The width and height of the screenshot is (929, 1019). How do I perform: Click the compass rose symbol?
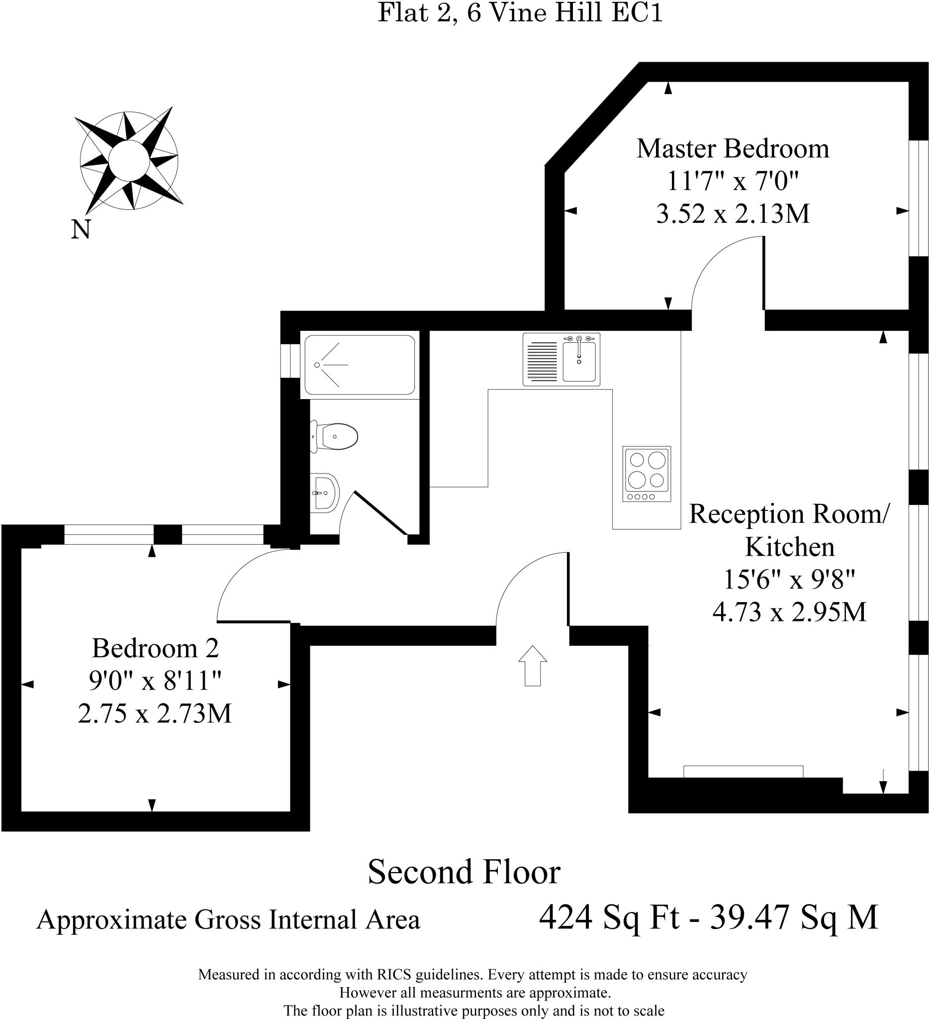129,160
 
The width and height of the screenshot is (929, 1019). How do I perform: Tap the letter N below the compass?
81,229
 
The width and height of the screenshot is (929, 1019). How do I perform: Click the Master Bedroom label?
733,149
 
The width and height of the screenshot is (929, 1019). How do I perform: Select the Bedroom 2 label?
155,648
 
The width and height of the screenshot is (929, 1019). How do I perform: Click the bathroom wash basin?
324,493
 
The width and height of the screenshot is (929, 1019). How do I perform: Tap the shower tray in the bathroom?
359,365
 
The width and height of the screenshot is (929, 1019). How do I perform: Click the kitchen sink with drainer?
561,360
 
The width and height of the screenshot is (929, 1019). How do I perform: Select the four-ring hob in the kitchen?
647,474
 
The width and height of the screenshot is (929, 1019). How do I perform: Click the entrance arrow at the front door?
533,666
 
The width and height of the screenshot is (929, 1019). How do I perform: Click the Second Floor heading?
464,871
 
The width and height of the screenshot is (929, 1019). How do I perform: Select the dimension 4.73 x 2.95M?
789,612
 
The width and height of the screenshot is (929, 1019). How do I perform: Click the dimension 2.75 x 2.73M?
155,714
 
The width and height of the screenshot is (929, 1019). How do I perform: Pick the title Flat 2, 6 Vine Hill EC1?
520,12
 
